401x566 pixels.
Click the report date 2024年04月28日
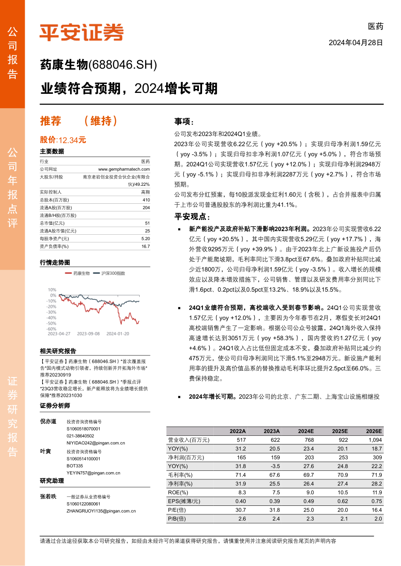point(356,43)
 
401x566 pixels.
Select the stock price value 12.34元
point(72,140)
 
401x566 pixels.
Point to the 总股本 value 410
point(146,200)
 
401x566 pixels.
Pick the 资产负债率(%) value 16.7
point(145,246)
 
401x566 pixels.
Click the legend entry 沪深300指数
point(113,273)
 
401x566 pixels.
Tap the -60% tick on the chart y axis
point(51,329)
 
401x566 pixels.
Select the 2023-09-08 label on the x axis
point(88,333)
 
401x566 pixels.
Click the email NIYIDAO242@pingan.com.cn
point(96,443)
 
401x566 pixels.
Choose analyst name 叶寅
point(45,452)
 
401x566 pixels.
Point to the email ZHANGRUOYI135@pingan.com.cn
point(101,511)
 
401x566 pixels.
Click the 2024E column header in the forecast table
point(305,431)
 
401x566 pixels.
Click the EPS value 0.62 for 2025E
point(341,501)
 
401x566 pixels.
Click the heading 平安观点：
point(192,217)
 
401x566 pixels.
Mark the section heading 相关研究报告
point(58,351)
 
